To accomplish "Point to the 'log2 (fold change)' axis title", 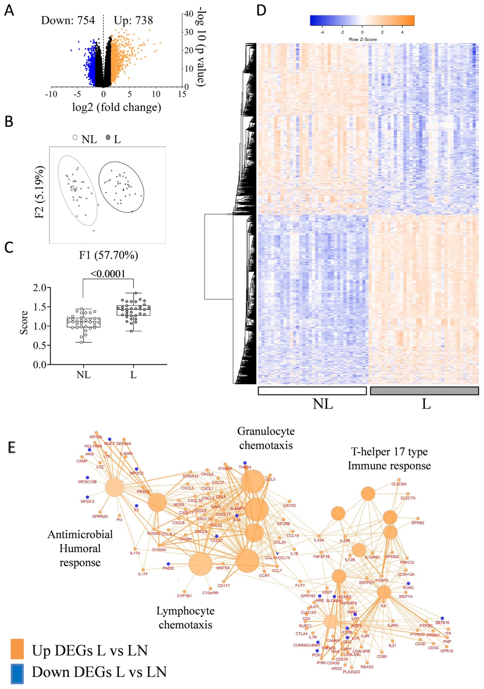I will tap(117, 107).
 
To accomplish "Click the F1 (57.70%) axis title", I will tap(108, 255).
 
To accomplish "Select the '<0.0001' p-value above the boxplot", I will tap(108, 273).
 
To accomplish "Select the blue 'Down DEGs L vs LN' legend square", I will tap(17, 672).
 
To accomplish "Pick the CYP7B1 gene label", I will tap(184, 596).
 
